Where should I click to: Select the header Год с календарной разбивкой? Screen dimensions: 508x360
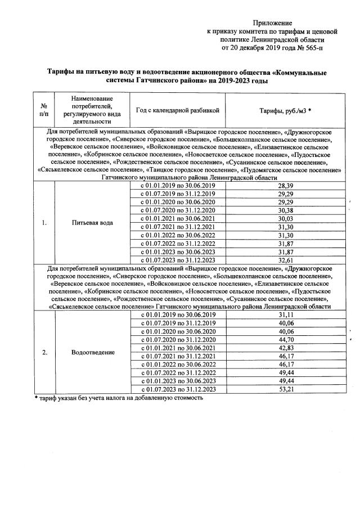[178, 110]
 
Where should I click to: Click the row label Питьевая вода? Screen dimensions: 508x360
[93, 222]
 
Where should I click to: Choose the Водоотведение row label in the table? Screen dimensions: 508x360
[93, 352]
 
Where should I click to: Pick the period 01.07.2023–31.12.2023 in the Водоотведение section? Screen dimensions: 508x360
[178, 389]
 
